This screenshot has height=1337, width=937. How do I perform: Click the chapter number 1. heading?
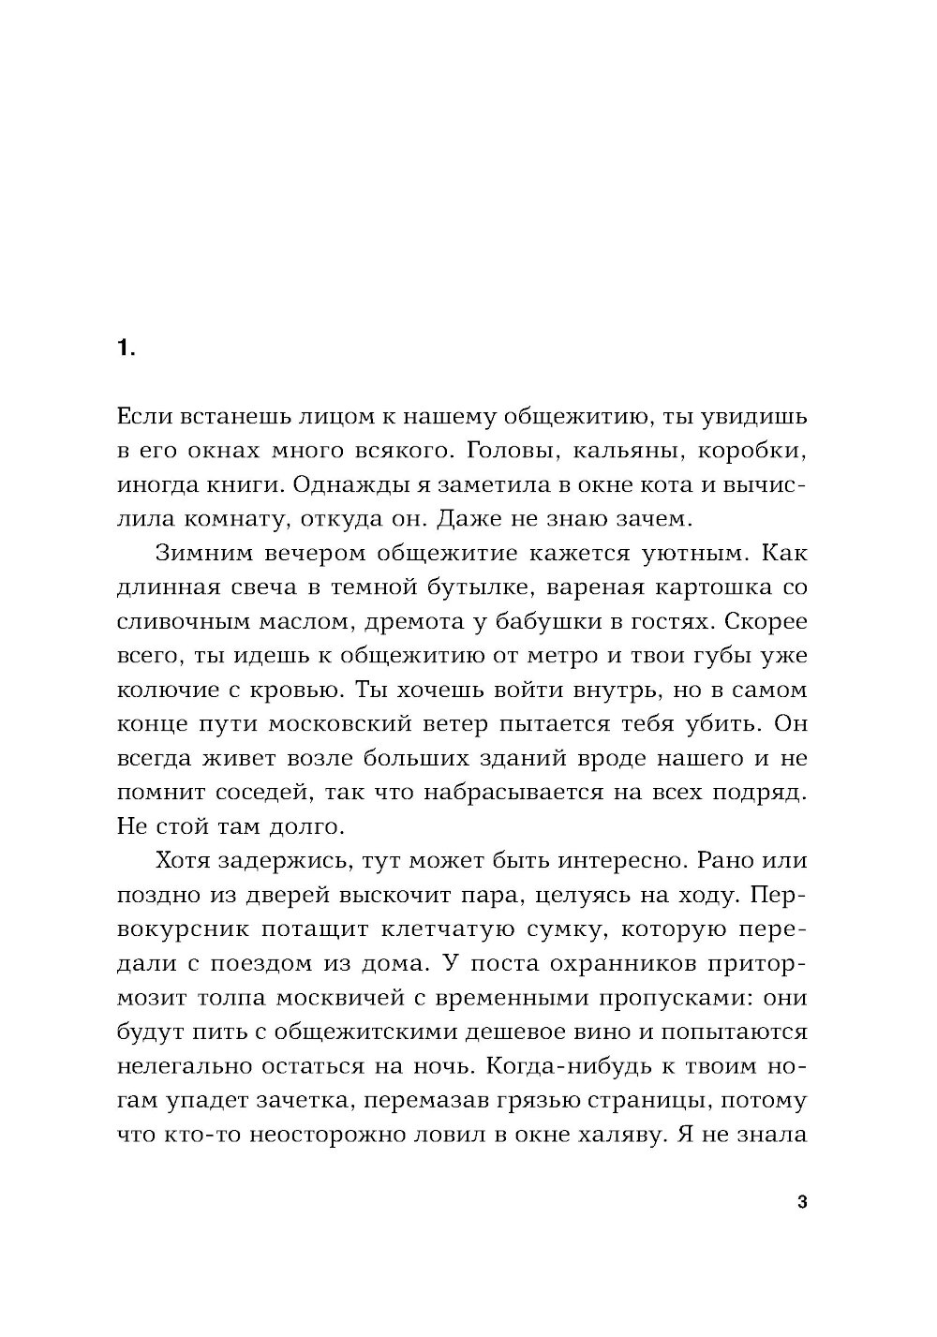click(126, 349)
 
